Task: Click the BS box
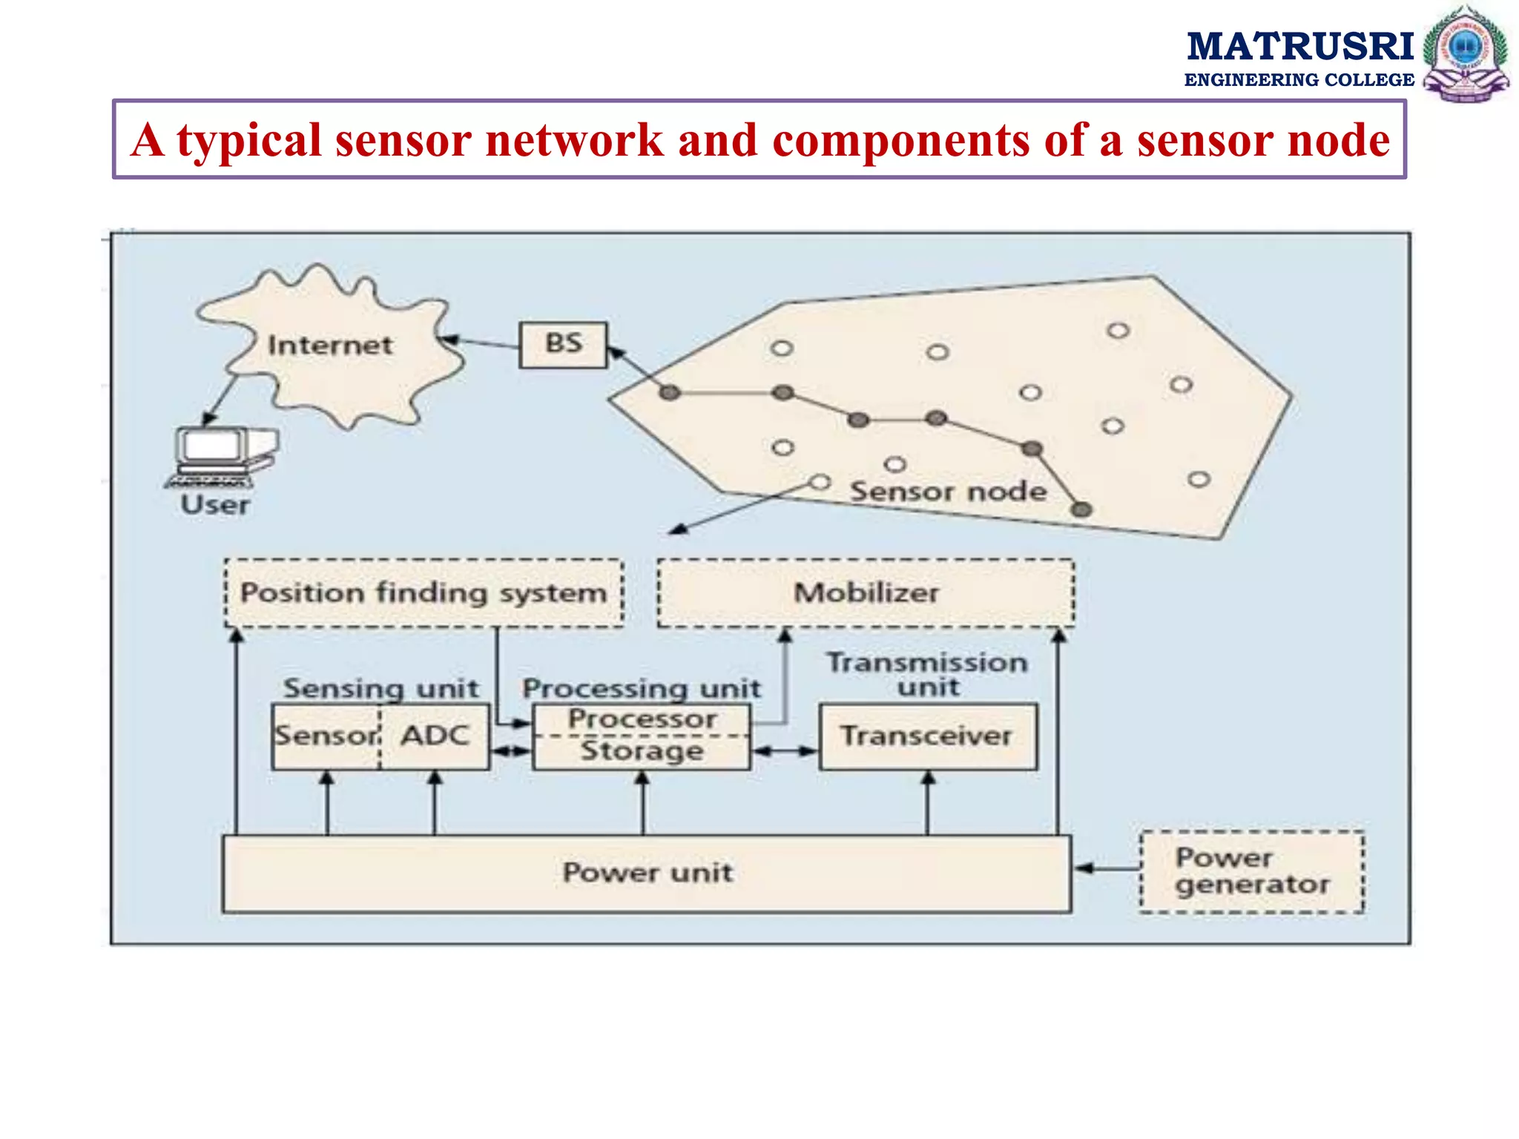563,345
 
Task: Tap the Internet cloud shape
330,346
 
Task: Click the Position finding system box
424,593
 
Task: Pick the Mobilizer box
866,593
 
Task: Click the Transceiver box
927,736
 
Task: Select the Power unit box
647,873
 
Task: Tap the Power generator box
1252,871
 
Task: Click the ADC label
435,736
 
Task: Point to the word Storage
642,751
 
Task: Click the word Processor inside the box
642,719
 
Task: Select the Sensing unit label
381,689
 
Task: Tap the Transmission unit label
927,674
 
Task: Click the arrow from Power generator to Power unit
1107,868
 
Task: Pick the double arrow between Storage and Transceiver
785,751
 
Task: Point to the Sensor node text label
948,492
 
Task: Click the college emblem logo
1466,54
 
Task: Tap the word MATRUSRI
1300,47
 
